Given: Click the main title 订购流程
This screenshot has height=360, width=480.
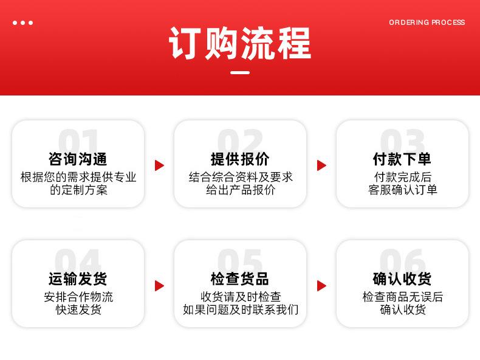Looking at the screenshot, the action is point(240,43).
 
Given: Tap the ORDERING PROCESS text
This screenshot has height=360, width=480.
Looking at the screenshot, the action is point(427,22).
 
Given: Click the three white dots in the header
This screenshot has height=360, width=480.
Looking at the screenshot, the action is point(22,22).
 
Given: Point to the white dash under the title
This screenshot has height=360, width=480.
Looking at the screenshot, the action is point(240,72).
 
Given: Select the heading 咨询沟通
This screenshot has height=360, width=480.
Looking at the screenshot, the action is point(78,159).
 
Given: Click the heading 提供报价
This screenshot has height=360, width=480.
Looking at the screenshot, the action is point(240,159).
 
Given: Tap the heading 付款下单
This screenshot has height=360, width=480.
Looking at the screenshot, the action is point(402,159).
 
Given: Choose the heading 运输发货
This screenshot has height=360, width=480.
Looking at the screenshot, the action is point(78,279).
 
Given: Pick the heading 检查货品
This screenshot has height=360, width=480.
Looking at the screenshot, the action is point(240,279).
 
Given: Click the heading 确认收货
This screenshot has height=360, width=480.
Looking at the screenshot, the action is point(402,279).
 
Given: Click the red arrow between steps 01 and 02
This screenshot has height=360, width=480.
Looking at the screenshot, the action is point(159,165).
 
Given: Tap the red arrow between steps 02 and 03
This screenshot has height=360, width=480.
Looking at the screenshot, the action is point(321,165).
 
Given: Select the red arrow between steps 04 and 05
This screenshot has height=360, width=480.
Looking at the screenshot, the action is point(159,286).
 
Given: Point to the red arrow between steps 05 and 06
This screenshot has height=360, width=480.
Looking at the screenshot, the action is point(321,286).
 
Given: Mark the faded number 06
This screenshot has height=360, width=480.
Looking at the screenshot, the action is point(402,260).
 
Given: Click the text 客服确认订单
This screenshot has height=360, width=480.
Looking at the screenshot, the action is point(403,190).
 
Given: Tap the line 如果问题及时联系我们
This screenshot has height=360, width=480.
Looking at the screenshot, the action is point(241,310).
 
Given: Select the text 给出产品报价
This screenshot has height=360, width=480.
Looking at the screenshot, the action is point(241,190).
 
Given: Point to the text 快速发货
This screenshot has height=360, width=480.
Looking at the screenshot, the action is point(78,310).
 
